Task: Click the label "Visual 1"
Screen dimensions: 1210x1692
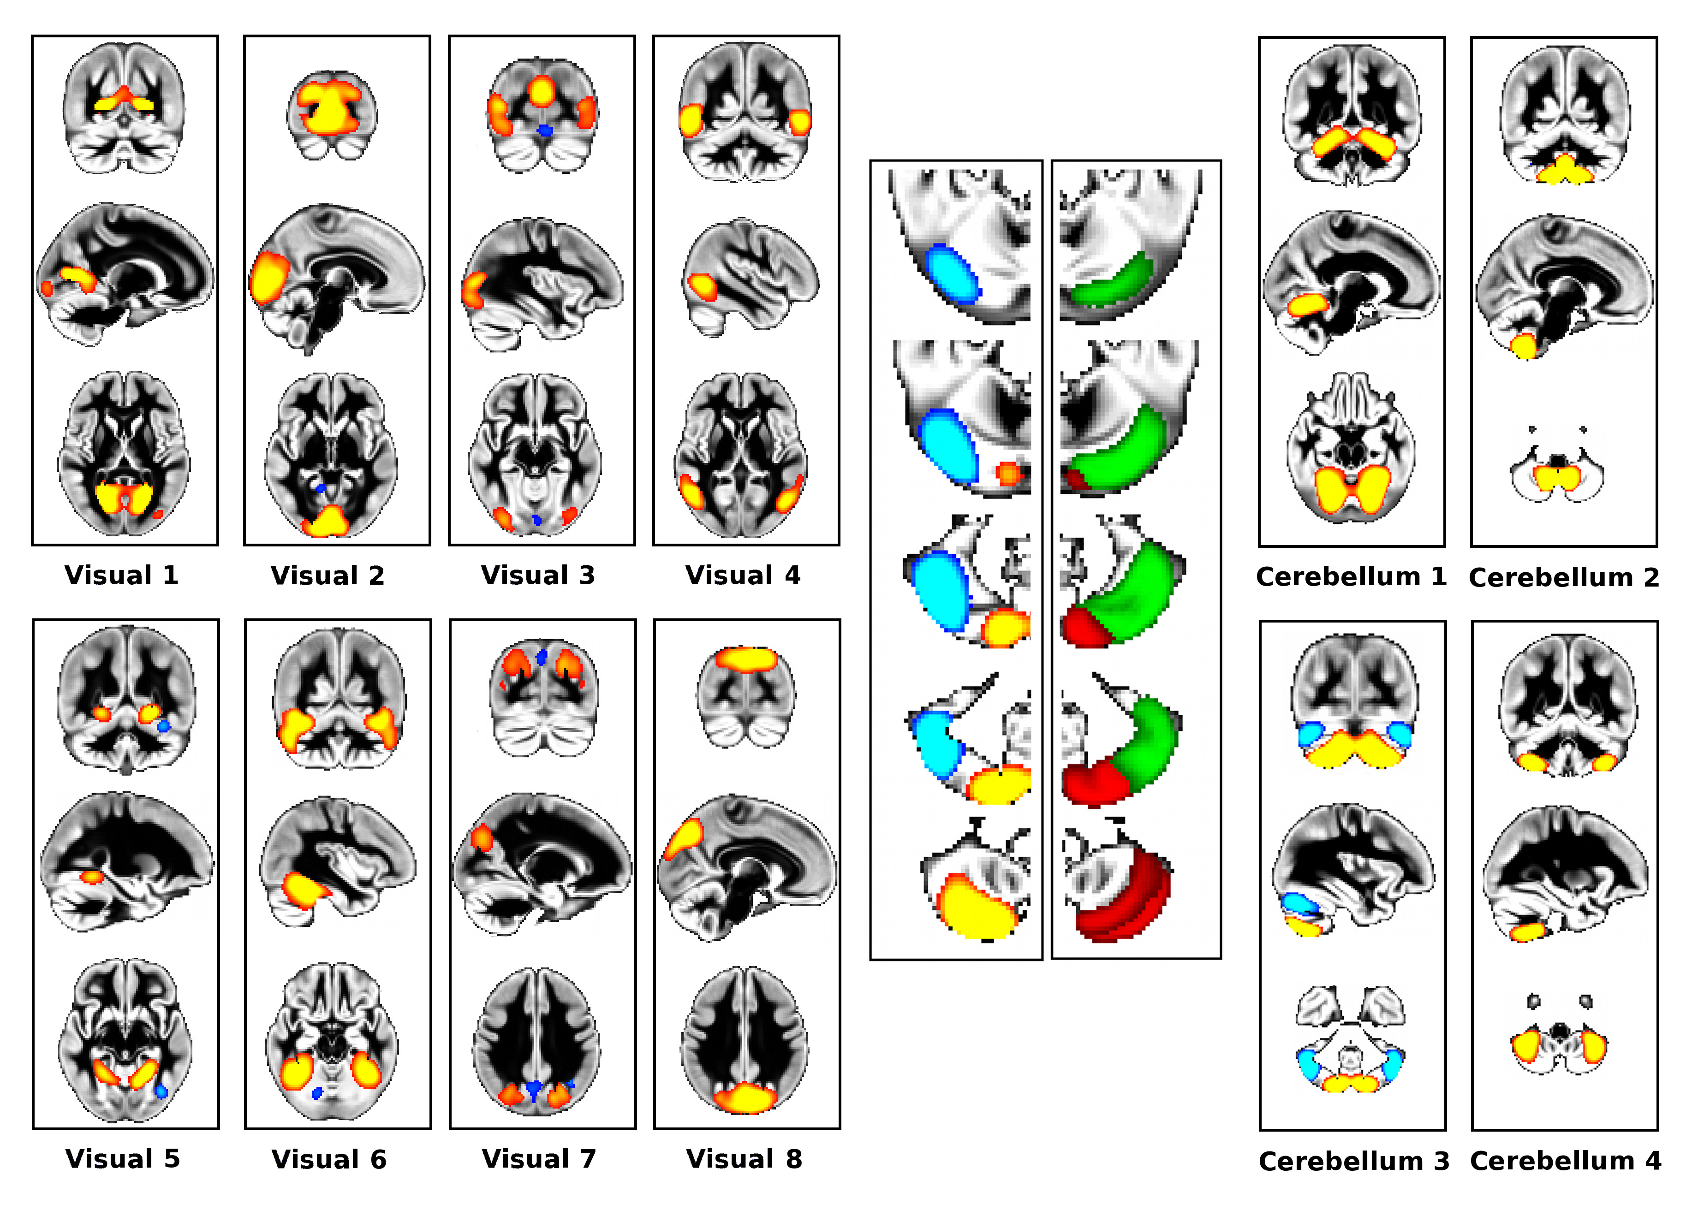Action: coord(121,575)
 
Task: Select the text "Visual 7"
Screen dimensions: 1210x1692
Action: coord(539,1159)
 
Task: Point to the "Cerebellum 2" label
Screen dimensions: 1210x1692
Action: coord(1564,577)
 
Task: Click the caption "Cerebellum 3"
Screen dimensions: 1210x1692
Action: coord(1353,1161)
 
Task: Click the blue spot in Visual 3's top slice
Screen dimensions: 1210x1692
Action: coord(545,131)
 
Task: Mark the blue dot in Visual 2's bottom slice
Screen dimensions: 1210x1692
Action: coord(321,488)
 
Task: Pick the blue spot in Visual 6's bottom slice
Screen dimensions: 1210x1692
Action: coord(317,1093)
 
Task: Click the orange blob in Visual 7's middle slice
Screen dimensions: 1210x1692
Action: coord(482,839)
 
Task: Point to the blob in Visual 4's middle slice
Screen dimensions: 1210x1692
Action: coord(702,287)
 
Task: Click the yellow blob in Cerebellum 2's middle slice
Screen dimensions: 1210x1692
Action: coord(1524,346)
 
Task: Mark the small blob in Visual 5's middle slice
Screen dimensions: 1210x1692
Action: coord(92,877)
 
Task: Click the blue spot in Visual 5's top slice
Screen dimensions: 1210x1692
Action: coord(163,725)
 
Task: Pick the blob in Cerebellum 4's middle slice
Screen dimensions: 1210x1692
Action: coord(1529,931)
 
